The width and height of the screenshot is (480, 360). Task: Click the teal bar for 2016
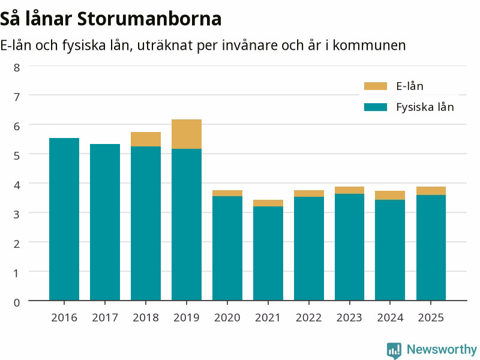pyautogui.click(x=64, y=219)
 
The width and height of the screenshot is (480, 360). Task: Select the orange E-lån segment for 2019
pyautogui.click(x=187, y=134)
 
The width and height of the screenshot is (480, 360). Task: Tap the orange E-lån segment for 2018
pyautogui.click(x=146, y=139)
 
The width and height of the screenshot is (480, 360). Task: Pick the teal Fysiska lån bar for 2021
pyautogui.click(x=268, y=253)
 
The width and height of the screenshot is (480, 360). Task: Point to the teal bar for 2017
pyautogui.click(x=105, y=222)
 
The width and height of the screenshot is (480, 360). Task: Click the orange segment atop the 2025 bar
pyautogui.click(x=431, y=191)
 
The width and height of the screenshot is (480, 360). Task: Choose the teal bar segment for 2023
pyautogui.click(x=350, y=247)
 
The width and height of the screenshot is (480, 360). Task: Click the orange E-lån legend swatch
pyautogui.click(x=376, y=86)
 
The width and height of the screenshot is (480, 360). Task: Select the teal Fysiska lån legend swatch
pyautogui.click(x=376, y=107)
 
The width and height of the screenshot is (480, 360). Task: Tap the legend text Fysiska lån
pyautogui.click(x=425, y=107)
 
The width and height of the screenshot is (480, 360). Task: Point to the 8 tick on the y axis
pyautogui.click(x=17, y=67)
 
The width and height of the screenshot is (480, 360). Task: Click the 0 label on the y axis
pyautogui.click(x=17, y=302)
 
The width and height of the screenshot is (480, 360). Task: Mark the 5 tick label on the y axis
pyautogui.click(x=17, y=155)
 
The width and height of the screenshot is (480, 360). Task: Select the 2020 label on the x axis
pyautogui.click(x=227, y=317)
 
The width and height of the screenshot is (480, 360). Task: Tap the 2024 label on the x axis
pyautogui.click(x=390, y=317)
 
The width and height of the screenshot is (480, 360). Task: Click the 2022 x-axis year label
pyautogui.click(x=308, y=317)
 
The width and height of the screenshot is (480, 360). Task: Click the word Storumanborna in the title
pyautogui.click(x=149, y=19)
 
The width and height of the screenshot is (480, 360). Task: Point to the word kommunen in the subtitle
pyautogui.click(x=369, y=46)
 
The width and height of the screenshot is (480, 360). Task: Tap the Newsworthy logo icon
pyautogui.click(x=394, y=350)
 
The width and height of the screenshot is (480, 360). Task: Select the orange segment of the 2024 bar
pyautogui.click(x=390, y=196)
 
